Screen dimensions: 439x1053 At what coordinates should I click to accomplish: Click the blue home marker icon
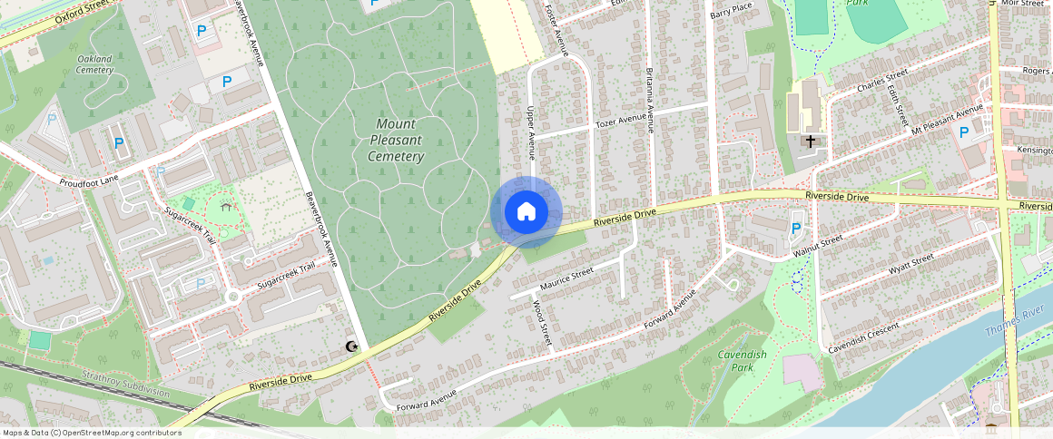[x=526, y=212]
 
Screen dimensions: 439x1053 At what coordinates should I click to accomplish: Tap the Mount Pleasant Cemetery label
[x=397, y=140]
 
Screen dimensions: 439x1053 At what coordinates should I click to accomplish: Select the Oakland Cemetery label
[x=94, y=64]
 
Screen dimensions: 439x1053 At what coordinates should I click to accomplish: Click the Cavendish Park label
[x=742, y=361]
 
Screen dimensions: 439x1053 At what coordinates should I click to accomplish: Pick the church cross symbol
[x=810, y=141]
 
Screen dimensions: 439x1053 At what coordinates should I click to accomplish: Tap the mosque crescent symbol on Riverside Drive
[x=351, y=346]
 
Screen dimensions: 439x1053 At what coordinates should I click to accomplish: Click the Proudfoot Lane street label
[x=90, y=182]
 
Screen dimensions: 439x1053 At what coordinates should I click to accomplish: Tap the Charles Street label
[x=882, y=81]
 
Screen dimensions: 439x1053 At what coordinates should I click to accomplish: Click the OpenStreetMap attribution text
[x=92, y=433]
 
